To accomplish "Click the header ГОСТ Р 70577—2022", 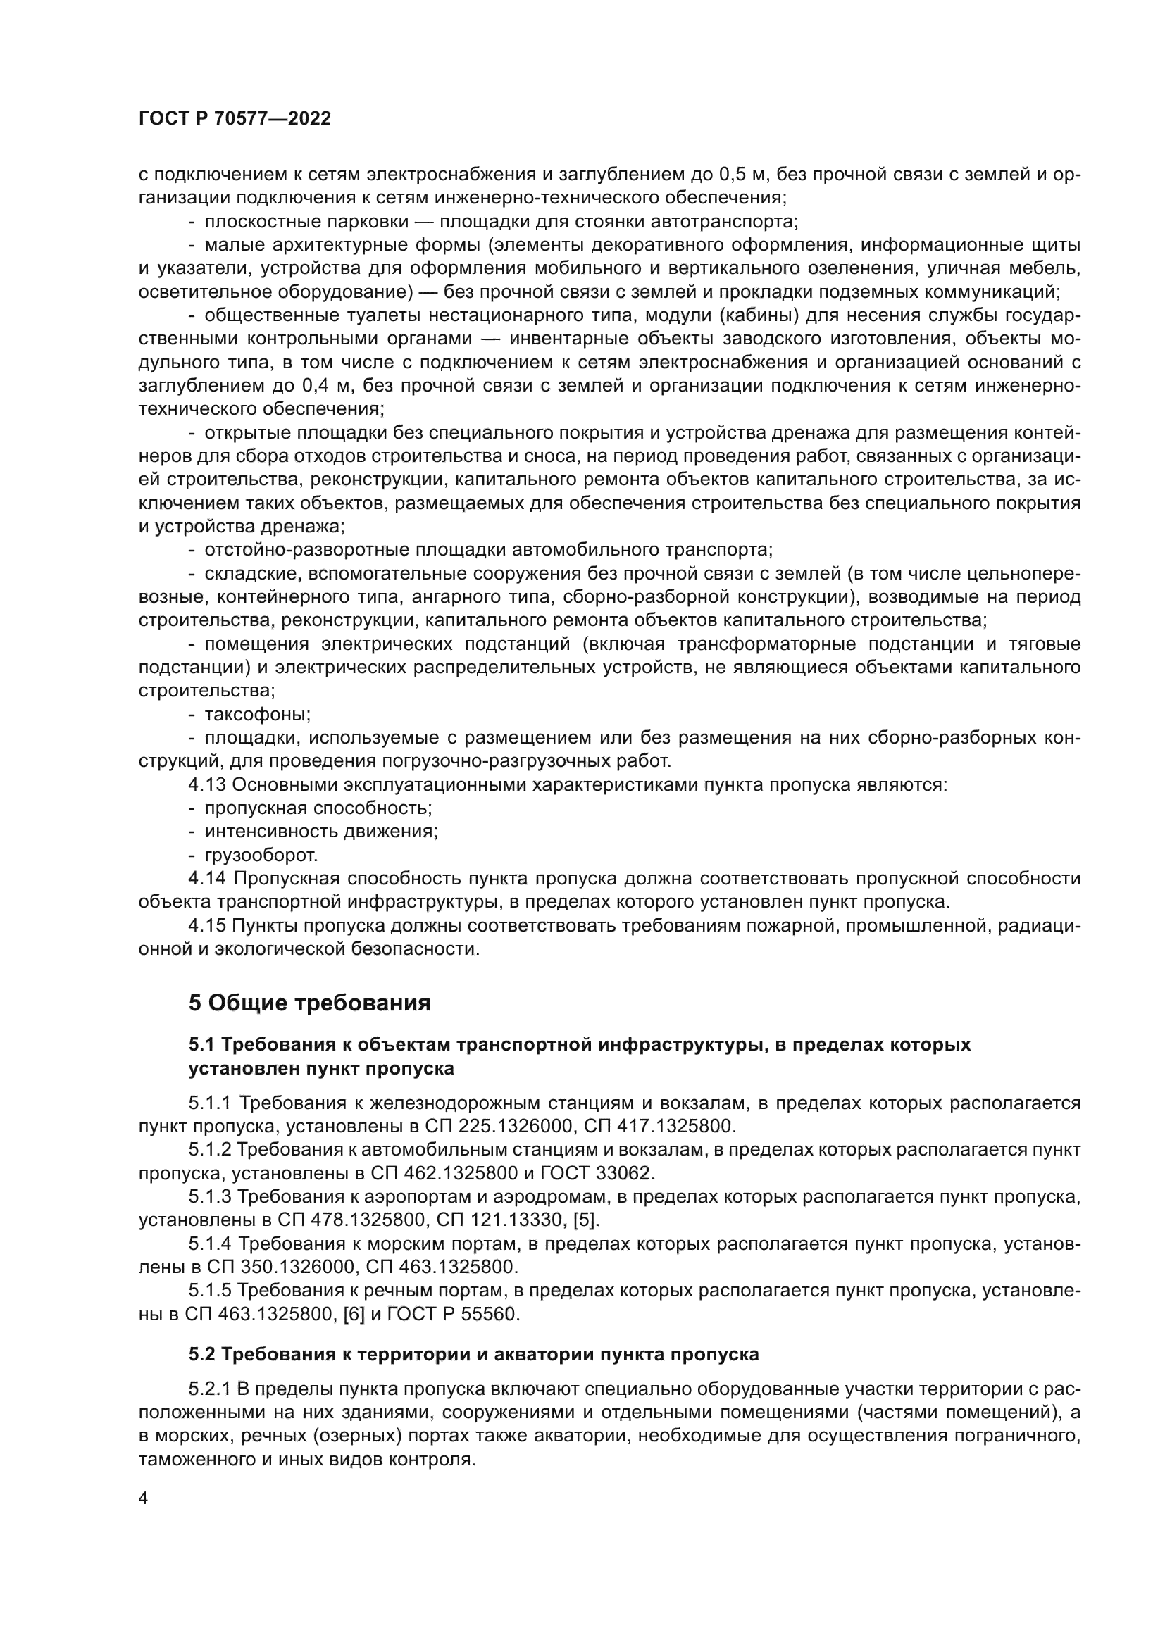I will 235,119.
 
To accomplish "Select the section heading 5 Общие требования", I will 309,1003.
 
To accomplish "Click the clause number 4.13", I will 207,784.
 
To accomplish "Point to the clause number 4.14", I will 207,879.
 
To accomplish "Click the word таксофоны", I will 258,715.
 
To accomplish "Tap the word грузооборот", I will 261,855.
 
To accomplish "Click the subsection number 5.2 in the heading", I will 202,1354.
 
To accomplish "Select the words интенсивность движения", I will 320,832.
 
